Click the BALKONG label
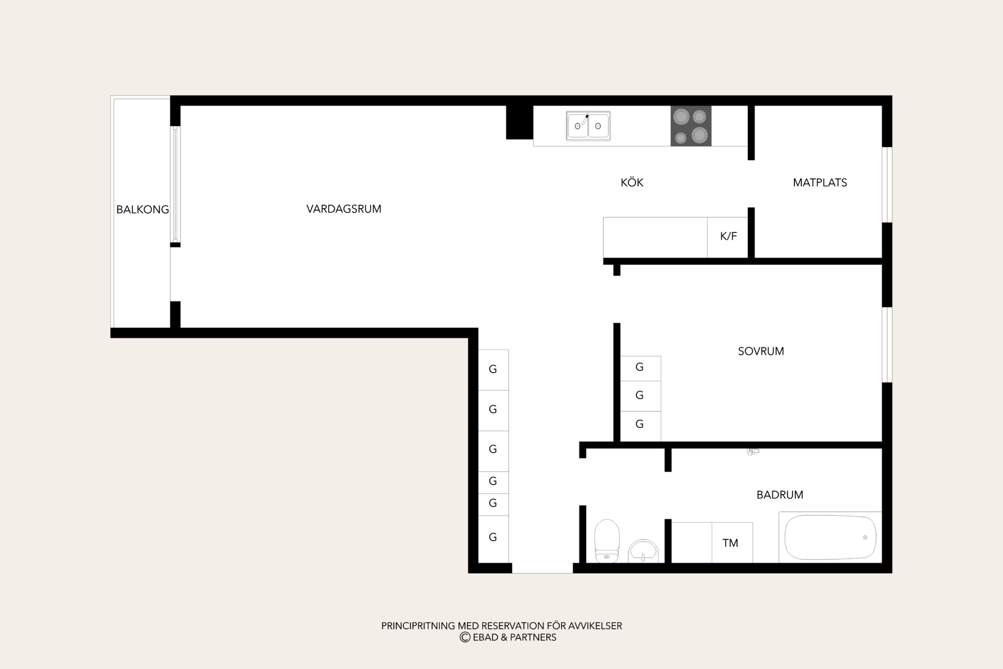[x=143, y=210]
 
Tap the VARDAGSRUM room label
[x=344, y=209]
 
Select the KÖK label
[x=632, y=182]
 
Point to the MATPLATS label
[x=820, y=183]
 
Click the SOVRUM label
[x=761, y=351]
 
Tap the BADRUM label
[x=780, y=495]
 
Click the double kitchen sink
[x=588, y=126]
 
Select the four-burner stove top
[x=691, y=126]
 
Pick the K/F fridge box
[x=728, y=237]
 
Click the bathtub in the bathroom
[x=830, y=537]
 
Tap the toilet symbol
[x=607, y=541]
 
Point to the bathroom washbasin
[x=643, y=551]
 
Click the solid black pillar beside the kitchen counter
[x=519, y=122]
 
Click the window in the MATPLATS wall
[x=887, y=185]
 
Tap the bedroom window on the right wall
[x=887, y=345]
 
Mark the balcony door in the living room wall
[x=175, y=184]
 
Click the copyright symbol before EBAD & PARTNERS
[x=465, y=637]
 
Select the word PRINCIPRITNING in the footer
[x=418, y=626]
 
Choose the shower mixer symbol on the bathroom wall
[x=753, y=452]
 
